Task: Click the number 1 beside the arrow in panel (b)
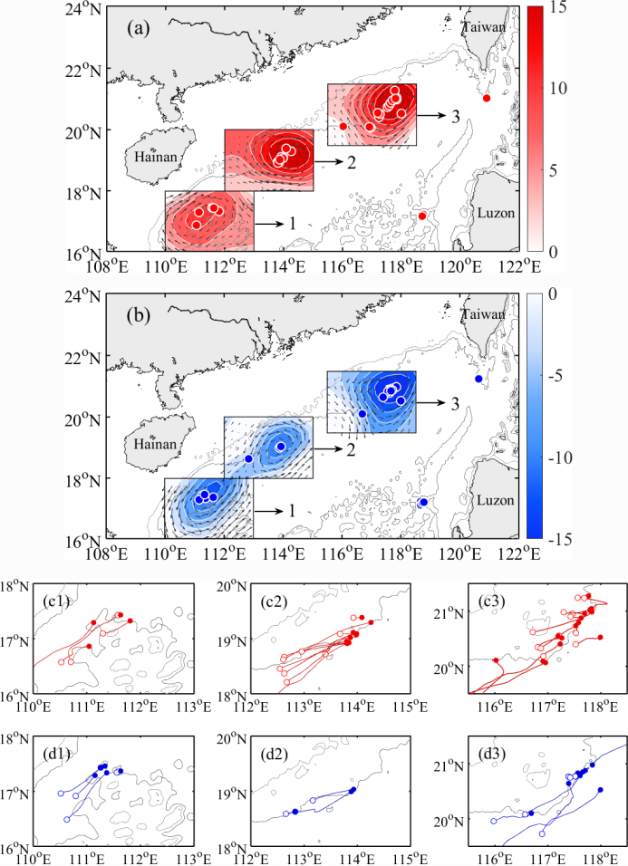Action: [292, 511]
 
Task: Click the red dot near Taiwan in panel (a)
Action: [487, 98]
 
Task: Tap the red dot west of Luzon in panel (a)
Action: [422, 216]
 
